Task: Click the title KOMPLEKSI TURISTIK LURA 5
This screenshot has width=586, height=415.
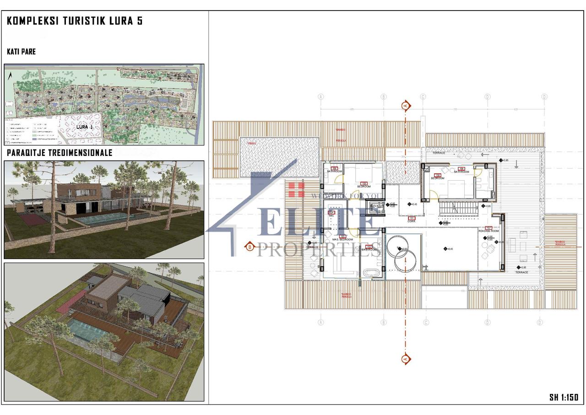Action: point(75,21)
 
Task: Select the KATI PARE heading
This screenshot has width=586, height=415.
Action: point(21,52)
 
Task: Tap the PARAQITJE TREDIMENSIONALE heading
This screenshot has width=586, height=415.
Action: point(60,153)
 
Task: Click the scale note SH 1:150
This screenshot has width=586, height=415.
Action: point(564,398)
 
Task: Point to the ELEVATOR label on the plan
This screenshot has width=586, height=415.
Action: point(377,207)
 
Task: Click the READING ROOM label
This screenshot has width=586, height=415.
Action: point(488,231)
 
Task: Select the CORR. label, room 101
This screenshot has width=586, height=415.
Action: point(411,221)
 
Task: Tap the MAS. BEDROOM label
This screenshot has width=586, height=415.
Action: point(342,240)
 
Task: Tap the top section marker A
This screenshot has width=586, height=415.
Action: point(405,106)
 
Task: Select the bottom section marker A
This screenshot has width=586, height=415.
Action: point(405,359)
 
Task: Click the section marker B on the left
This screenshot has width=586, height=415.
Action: point(250,247)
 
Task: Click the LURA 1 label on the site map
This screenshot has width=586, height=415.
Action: point(85,127)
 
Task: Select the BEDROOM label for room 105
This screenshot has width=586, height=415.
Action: point(364,186)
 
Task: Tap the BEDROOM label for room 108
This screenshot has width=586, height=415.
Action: point(438,178)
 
